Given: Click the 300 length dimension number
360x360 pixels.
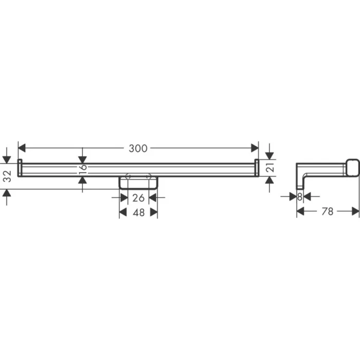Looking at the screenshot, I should (x=138, y=149).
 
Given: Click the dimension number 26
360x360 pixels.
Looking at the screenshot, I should (x=138, y=198).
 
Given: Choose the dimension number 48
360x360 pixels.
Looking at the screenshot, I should (x=138, y=213).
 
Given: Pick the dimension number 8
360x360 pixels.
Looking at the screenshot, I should (x=300, y=196).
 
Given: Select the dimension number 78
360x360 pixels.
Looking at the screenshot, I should (x=328, y=211).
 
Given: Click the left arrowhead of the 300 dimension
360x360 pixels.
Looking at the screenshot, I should (x=22, y=148).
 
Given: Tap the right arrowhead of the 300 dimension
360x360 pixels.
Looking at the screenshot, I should (x=255, y=148).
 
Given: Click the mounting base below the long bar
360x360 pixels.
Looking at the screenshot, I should (x=138, y=182).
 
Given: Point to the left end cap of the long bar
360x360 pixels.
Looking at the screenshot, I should (x=20, y=168).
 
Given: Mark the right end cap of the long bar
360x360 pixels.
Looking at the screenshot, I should (x=256, y=168).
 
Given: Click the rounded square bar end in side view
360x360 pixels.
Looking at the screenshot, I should (x=351, y=168).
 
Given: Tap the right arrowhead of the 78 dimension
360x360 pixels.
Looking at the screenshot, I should (x=355, y=211).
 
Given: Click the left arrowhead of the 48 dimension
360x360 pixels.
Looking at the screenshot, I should (x=123, y=213).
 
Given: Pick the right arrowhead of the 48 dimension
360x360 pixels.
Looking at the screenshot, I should (x=154, y=213).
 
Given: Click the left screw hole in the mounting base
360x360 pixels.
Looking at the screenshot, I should (x=128, y=177).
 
